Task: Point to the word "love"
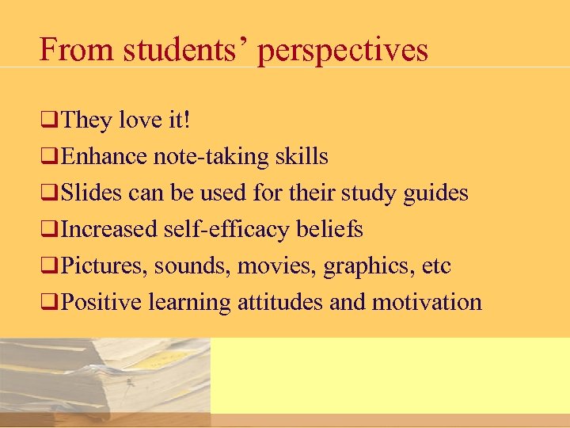pyautogui.click(x=141, y=120)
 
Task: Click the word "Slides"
pyautogui.click(x=93, y=193)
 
